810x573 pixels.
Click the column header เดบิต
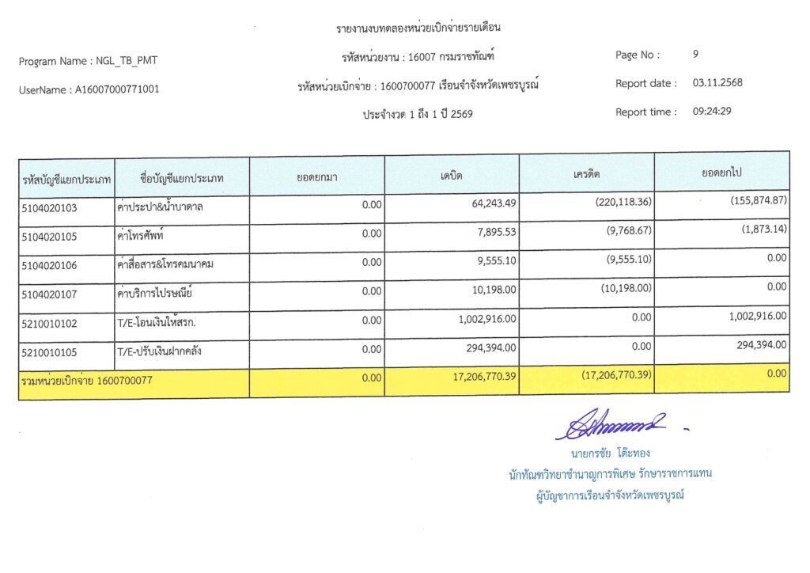coord(452,175)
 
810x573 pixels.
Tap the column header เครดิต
coord(586,173)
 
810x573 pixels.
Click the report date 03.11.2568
coord(717,83)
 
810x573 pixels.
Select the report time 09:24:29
coord(712,112)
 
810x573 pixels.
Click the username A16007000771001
coord(117,89)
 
